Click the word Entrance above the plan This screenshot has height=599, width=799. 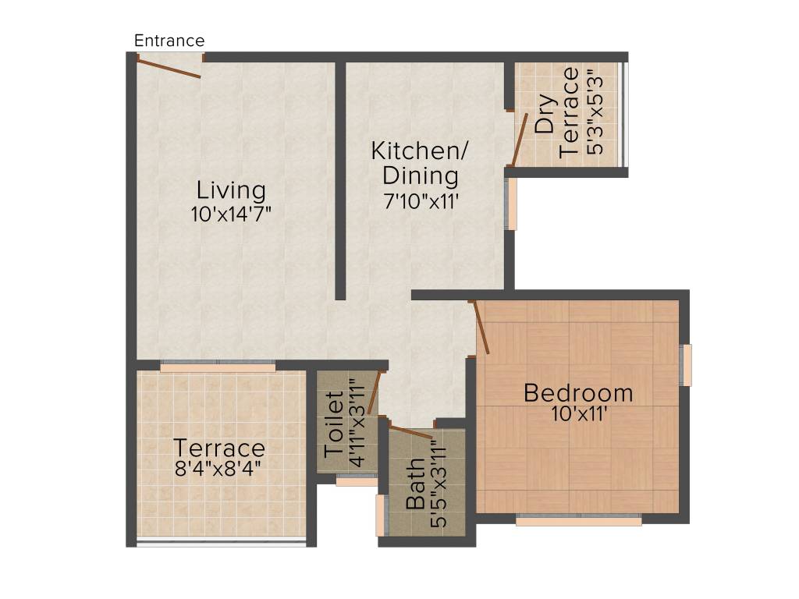169,41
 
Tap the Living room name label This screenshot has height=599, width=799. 231,190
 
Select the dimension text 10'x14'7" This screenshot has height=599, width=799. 231,214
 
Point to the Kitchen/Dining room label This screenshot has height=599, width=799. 414,161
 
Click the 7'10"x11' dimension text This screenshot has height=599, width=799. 414,200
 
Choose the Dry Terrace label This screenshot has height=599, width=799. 558,112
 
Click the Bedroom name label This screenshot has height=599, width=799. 578,392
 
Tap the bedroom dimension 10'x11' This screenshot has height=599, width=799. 579,414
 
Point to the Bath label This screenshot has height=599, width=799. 417,484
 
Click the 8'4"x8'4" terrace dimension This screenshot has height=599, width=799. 218,469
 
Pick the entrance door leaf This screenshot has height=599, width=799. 169,67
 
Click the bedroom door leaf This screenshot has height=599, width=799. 481,328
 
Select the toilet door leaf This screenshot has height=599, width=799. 375,392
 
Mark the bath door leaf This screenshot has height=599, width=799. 410,432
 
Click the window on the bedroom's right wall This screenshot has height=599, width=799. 686,365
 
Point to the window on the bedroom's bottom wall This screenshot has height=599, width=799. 578,519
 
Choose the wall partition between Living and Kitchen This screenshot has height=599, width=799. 340,179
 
